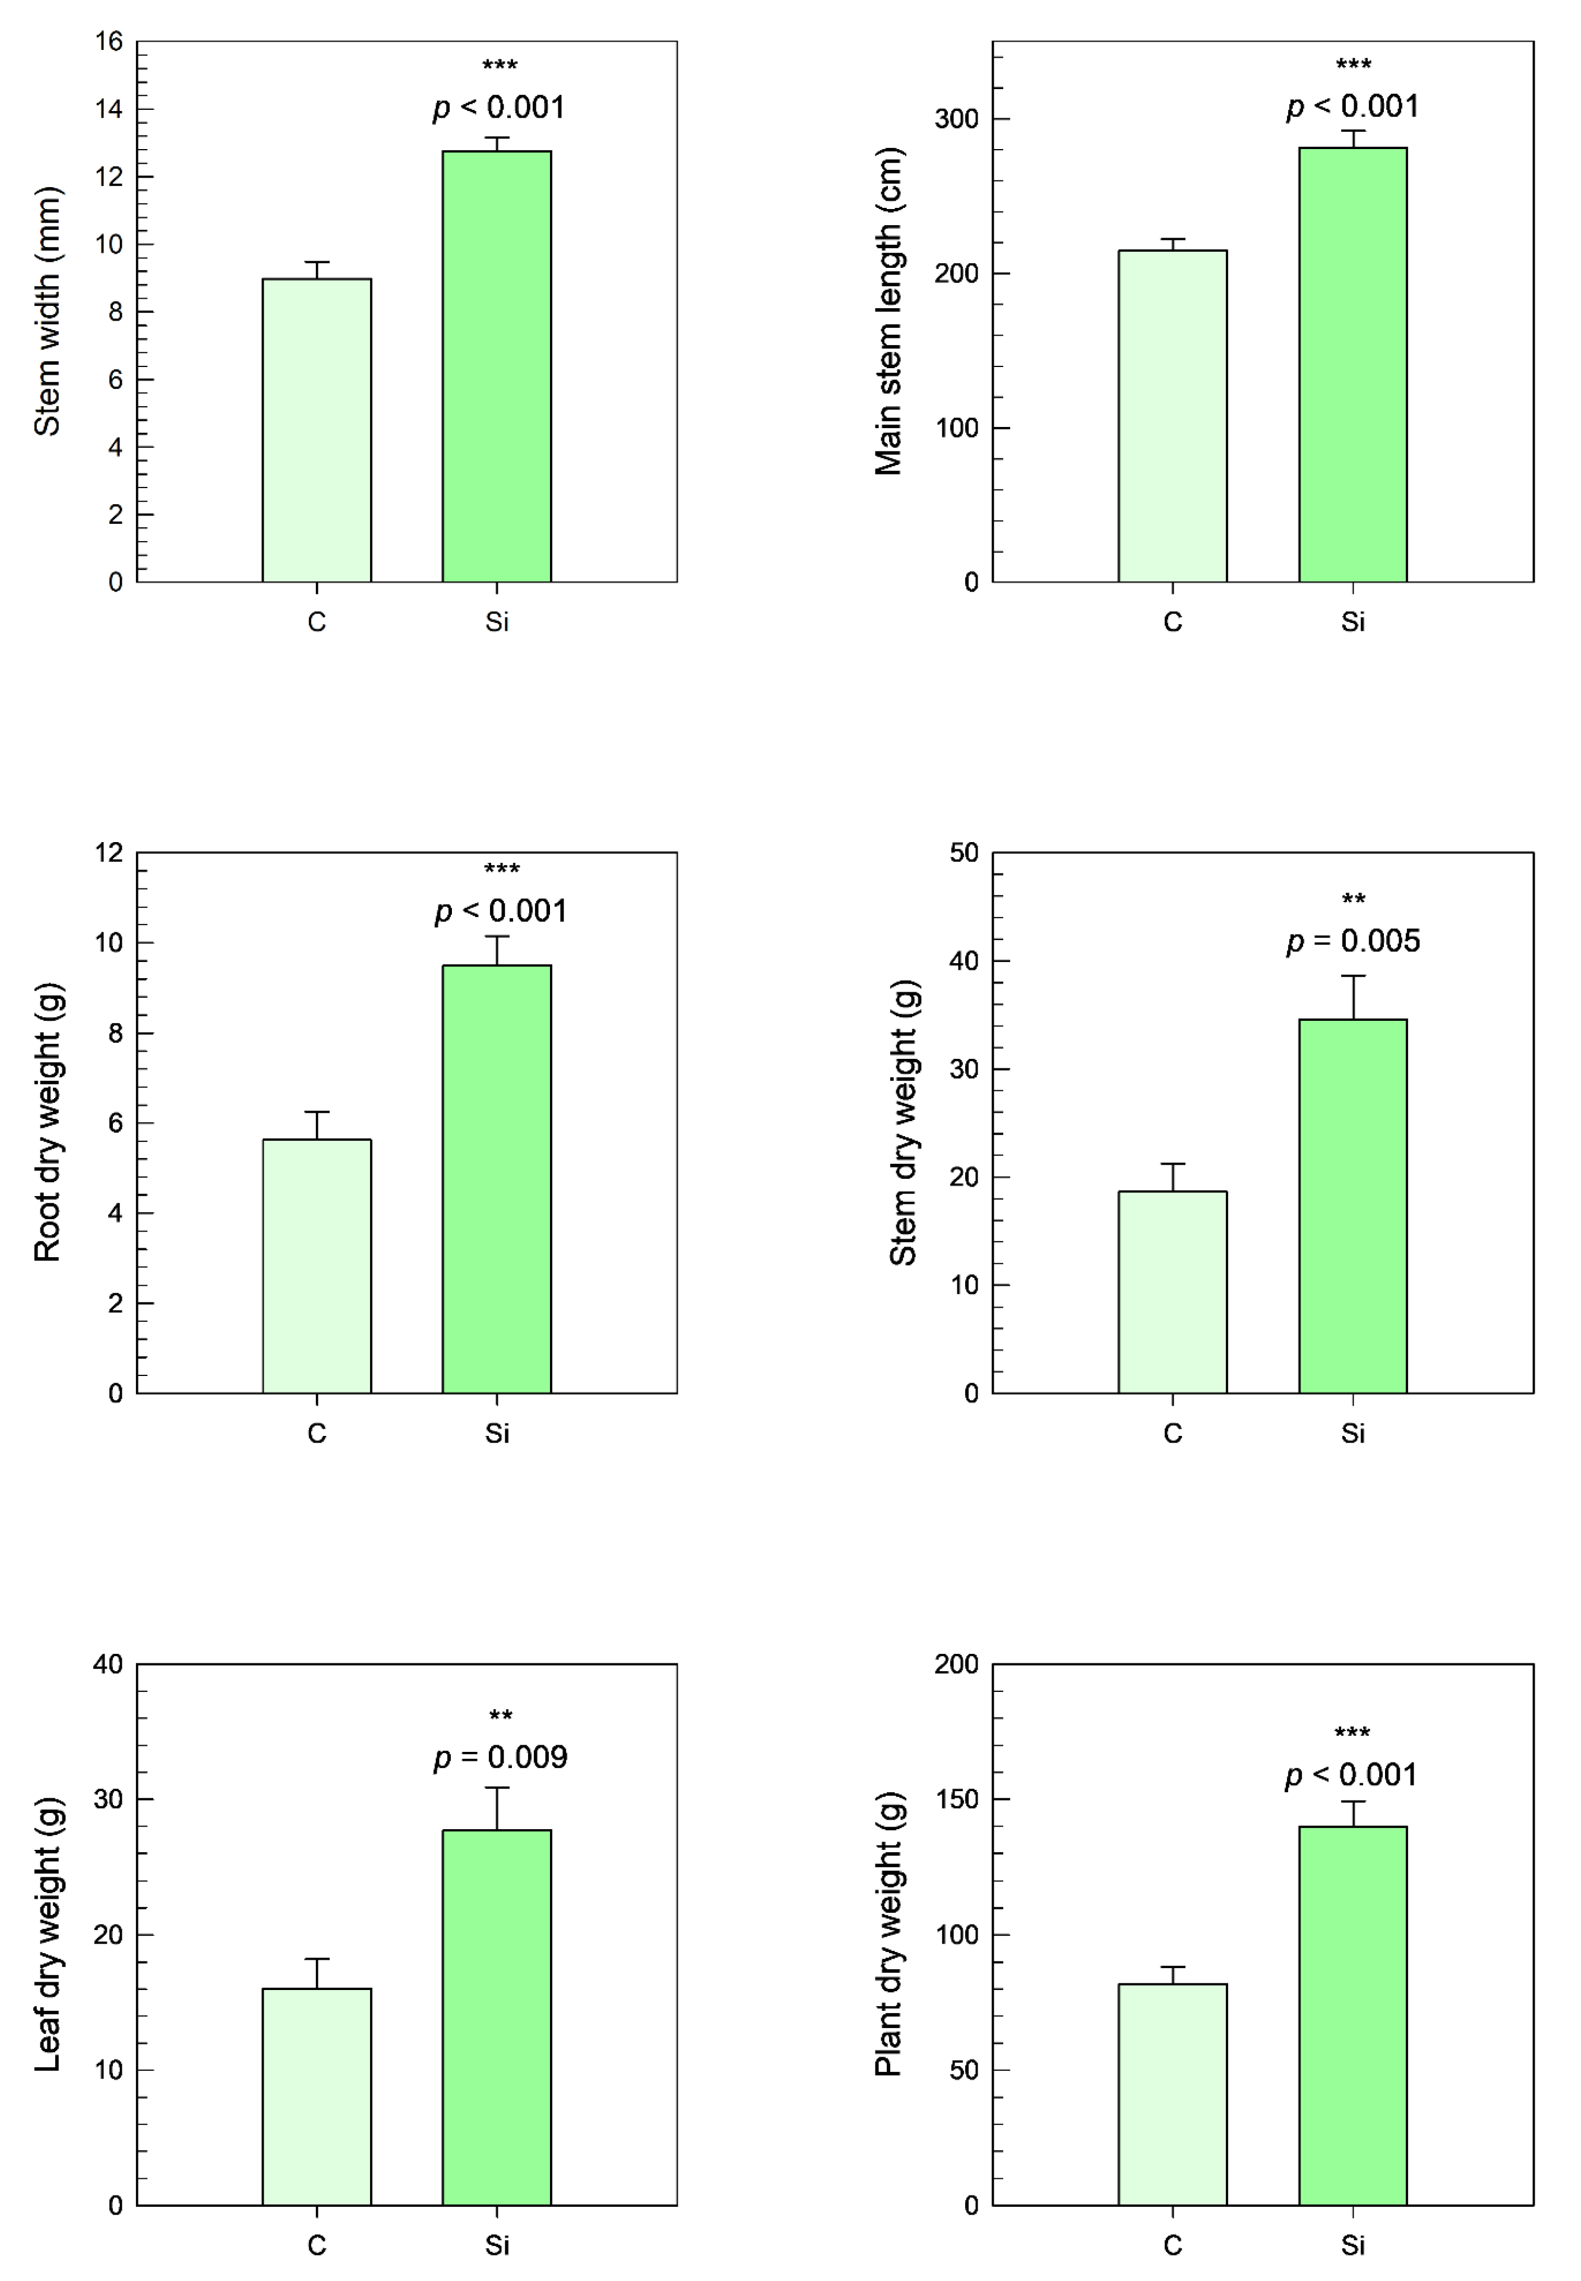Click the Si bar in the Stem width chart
(497, 366)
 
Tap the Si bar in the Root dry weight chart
(497, 1179)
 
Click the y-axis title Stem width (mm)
(48, 311)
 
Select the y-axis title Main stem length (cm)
(888, 311)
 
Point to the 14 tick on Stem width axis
(109, 109)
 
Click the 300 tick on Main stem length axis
(956, 119)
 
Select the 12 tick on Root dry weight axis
(109, 853)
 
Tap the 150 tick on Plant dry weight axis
(956, 1799)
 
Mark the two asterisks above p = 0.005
(1353, 900)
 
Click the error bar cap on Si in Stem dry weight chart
(1353, 976)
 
